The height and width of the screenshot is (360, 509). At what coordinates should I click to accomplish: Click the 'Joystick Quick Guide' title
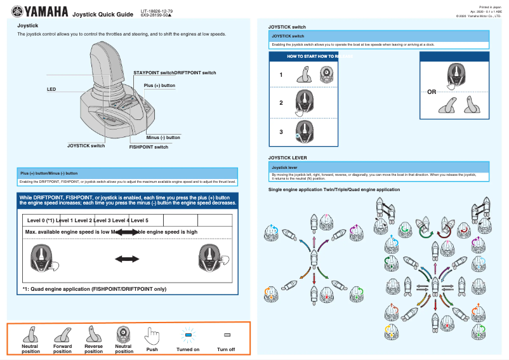coord(103,14)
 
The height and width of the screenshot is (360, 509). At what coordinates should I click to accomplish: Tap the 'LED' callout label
coord(51,90)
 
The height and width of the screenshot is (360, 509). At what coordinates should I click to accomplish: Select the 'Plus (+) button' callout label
coord(159,85)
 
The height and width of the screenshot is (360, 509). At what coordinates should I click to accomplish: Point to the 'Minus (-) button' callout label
coord(163,137)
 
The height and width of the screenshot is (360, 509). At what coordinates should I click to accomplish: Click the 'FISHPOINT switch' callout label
coord(149,147)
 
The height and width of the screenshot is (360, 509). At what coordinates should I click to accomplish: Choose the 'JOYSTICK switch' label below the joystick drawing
coord(86,145)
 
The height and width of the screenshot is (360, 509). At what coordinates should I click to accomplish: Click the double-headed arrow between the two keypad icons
coord(126,258)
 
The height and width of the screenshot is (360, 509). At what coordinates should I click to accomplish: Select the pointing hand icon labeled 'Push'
coord(152,335)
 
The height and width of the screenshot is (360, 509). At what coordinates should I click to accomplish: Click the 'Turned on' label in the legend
coord(187,349)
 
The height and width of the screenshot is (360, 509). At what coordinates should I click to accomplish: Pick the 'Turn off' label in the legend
coord(226,349)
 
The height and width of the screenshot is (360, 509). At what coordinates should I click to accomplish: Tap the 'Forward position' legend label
coord(62,349)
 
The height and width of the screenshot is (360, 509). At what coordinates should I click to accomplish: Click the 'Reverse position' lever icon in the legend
coord(93,334)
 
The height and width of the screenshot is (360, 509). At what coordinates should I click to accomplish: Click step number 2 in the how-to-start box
coord(281,102)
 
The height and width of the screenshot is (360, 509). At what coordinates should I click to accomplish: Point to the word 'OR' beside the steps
coord(432,92)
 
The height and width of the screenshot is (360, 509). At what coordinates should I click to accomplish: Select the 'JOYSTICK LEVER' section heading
coord(288,156)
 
